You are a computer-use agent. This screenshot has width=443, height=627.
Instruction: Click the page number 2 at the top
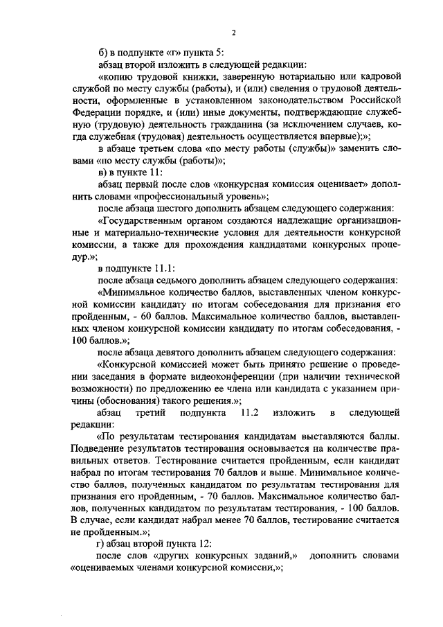coord(234,33)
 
